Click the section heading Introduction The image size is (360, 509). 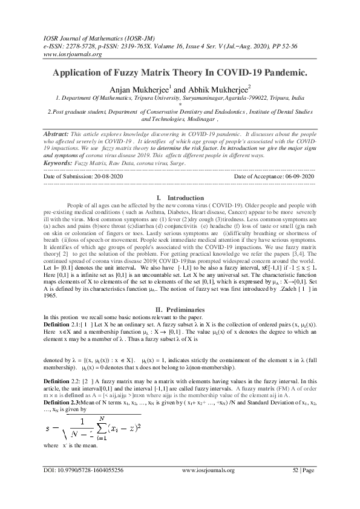(185, 198)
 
